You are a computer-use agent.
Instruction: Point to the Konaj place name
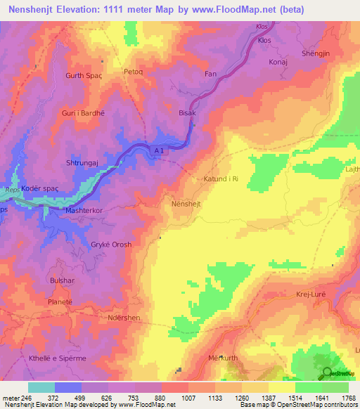pyautogui.click(x=279, y=62)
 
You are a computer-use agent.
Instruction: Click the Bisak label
pyautogui.click(x=187, y=112)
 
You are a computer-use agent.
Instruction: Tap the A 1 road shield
pyautogui.click(x=160, y=149)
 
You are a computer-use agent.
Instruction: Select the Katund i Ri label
pyautogui.click(x=224, y=180)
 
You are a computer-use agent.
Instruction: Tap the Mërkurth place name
pyautogui.click(x=224, y=358)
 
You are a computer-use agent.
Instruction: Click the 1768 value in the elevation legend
pyautogui.click(x=349, y=398)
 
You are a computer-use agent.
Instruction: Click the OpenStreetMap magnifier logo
pyautogui.click(x=328, y=372)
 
